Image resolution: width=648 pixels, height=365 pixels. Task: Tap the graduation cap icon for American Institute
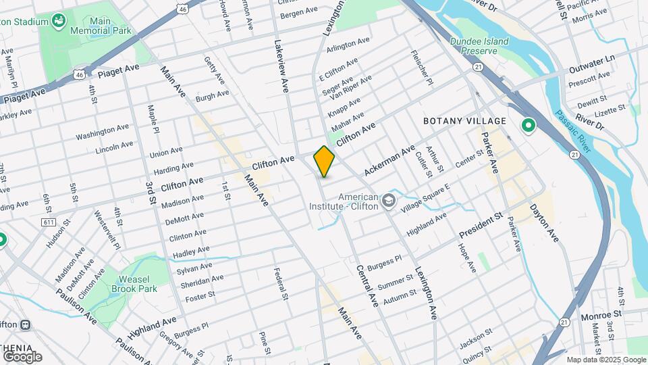(389, 201)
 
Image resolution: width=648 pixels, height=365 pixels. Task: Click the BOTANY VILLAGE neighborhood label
(464, 121)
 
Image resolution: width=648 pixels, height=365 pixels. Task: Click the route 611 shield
(48, 222)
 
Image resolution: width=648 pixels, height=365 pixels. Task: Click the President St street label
(481, 226)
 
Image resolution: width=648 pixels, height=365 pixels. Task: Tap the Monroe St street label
(600, 315)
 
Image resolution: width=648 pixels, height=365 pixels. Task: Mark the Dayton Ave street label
(544, 223)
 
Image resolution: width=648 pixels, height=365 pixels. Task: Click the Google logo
(22, 356)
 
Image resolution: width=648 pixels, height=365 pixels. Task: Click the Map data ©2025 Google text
(605, 360)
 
